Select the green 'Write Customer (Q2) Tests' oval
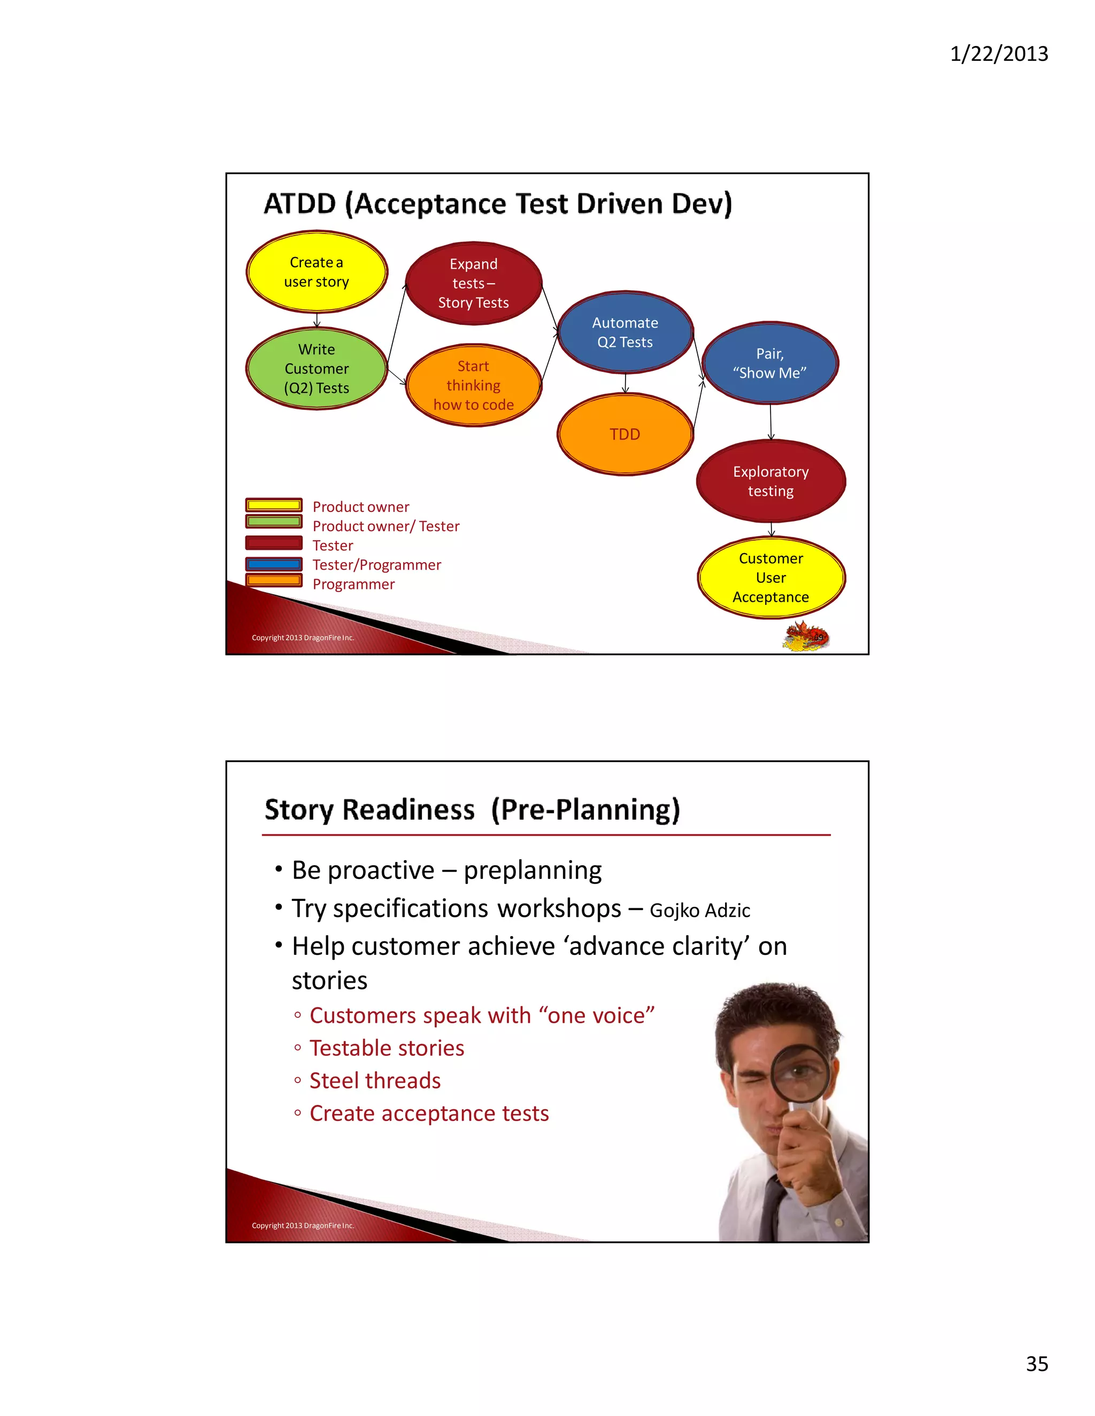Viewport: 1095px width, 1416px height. coord(317,368)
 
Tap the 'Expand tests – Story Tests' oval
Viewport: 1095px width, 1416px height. coord(474,283)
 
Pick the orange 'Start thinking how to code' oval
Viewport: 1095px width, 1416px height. coord(474,385)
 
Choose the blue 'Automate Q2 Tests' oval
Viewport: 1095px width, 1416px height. coord(624,332)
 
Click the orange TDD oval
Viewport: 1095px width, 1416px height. coord(624,434)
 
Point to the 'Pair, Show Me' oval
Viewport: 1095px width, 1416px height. coord(770,363)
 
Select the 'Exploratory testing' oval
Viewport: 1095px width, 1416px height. coord(770,481)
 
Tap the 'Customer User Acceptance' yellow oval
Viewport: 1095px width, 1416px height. coord(770,577)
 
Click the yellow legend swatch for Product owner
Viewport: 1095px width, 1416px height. coord(274,505)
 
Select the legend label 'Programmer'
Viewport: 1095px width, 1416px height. coord(353,584)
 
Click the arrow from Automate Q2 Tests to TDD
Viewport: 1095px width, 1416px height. coord(626,383)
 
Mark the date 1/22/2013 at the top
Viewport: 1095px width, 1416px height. coord(998,53)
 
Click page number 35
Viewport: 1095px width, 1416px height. coord(1037,1364)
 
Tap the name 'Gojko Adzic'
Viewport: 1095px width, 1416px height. coord(699,911)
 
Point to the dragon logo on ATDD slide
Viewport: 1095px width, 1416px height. coord(806,635)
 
